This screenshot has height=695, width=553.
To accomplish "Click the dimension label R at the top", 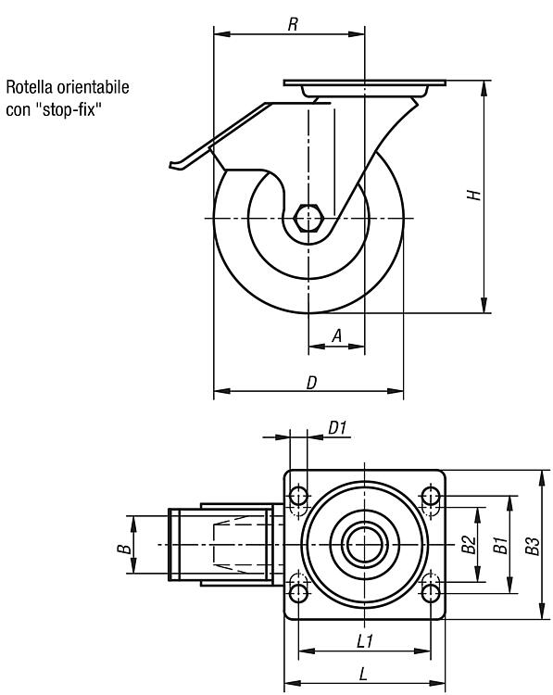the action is tap(293, 24).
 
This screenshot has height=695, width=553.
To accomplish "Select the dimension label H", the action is tap(473, 195).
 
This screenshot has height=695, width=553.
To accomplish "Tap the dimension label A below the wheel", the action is tap(337, 336).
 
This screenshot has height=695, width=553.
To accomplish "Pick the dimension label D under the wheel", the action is tap(312, 383).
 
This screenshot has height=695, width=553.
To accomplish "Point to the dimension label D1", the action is tap(337, 428).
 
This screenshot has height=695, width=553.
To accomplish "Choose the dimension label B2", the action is tap(469, 545).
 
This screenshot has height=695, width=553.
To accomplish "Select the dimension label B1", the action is tap(500, 545).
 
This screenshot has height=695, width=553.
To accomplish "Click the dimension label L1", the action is tap(365, 640).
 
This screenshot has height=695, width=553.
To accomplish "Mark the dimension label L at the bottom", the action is tap(363, 675).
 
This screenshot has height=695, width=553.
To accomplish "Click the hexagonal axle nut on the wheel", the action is tap(308, 218).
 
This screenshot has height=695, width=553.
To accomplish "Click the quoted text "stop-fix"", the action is tap(69, 108).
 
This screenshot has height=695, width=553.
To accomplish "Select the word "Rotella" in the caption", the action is tap(30, 87).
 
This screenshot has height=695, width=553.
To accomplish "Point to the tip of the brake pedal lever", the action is tap(171, 165).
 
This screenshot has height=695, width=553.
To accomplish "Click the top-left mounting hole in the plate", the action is tap(298, 496).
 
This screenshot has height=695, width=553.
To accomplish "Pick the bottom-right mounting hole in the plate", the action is tap(431, 593).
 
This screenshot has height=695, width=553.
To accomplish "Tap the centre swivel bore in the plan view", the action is tap(364, 544).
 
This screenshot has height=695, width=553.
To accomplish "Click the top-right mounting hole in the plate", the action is tap(431, 496).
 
